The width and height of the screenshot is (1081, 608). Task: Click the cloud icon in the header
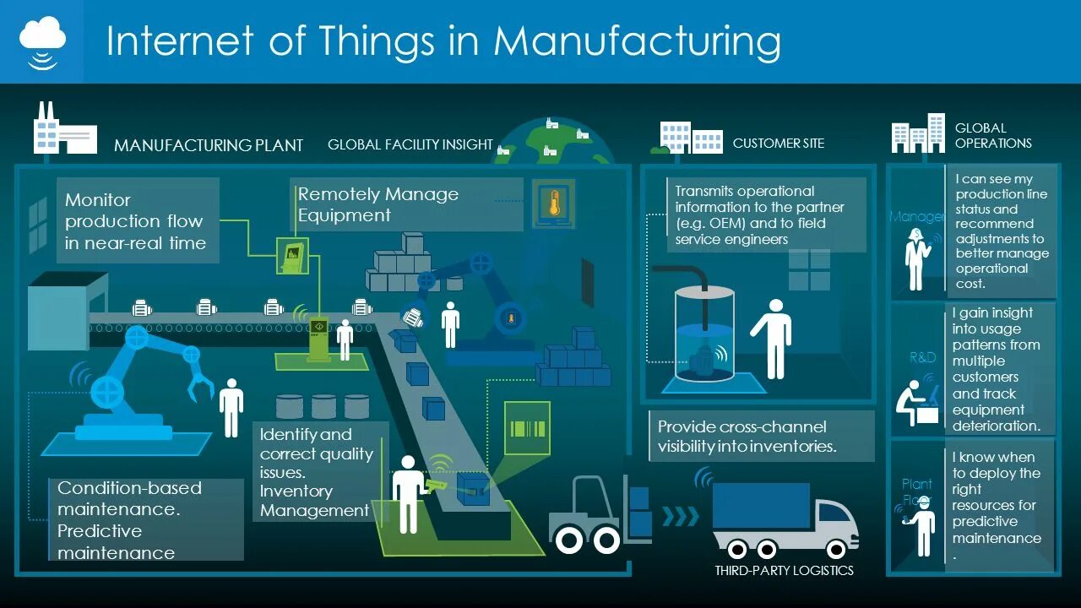click(42, 35)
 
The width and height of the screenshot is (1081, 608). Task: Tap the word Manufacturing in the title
click(637, 41)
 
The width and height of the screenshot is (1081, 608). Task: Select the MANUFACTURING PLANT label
click(209, 145)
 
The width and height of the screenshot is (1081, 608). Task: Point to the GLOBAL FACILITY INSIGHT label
click(410, 144)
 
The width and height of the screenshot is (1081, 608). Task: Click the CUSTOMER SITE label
click(778, 144)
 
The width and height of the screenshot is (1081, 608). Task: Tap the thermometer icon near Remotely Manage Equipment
click(554, 204)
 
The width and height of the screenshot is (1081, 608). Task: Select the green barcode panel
click(526, 427)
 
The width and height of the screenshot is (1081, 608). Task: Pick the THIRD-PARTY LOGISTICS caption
click(784, 571)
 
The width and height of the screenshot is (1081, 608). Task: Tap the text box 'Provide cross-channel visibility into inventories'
click(760, 437)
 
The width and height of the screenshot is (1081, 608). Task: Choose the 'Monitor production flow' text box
click(136, 221)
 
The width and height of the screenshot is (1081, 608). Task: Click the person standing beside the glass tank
click(771, 338)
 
